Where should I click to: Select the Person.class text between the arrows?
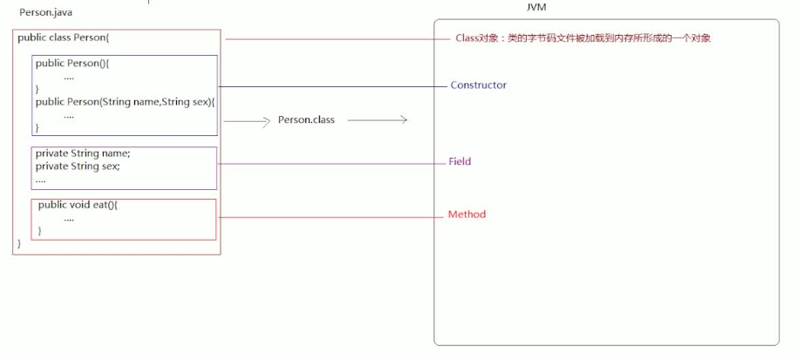point(305,120)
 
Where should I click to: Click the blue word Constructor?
point(478,85)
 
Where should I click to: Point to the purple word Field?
point(460,162)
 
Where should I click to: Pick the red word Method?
point(467,214)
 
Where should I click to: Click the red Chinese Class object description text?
point(583,38)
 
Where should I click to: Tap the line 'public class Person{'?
point(63,38)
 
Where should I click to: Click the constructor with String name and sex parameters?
point(125,102)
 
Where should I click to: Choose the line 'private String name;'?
point(82,153)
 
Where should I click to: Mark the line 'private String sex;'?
point(78,166)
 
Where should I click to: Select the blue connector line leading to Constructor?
point(331,86)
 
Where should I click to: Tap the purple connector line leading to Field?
point(331,163)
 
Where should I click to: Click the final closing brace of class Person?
point(19,244)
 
